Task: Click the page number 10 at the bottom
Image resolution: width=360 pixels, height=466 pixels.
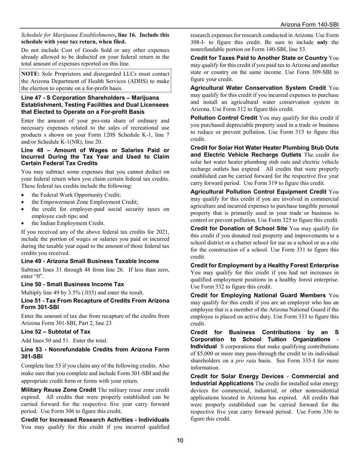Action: [x=180, y=440]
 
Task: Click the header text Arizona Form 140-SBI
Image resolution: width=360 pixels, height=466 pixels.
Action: [x=310, y=25]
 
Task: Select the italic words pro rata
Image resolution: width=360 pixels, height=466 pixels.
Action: [x=250, y=361]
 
